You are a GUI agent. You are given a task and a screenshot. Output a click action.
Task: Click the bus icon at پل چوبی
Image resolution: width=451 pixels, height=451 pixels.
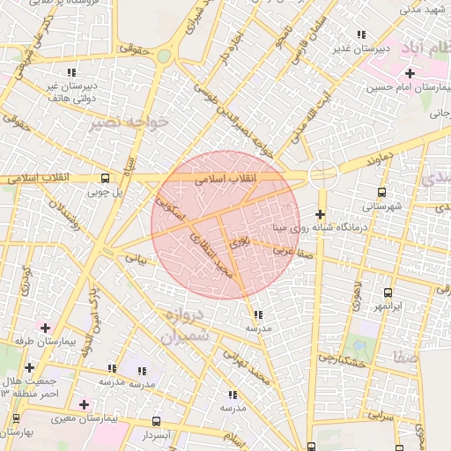tap(106, 177)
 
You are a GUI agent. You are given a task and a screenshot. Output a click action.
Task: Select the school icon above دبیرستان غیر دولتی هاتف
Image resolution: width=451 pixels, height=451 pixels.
tap(71, 72)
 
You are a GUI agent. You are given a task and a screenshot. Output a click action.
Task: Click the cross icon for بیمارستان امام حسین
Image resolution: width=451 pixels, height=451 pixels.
tap(410, 72)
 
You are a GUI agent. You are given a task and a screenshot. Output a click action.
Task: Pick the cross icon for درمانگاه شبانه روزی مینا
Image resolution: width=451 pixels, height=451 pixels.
tap(320, 214)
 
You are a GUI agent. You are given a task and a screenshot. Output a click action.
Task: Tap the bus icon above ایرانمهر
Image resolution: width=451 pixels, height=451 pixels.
tap(388, 292)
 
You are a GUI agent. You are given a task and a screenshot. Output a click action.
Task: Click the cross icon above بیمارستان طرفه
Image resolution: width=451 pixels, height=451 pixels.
tap(45, 328)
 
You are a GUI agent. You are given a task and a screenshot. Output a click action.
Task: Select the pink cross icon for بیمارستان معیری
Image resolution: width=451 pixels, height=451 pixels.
tap(84, 404)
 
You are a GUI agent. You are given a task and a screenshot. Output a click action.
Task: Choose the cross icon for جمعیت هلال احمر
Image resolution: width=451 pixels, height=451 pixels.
tap(30, 367)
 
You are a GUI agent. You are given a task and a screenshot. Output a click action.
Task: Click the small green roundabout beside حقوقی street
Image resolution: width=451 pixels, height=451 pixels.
tap(164, 56)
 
